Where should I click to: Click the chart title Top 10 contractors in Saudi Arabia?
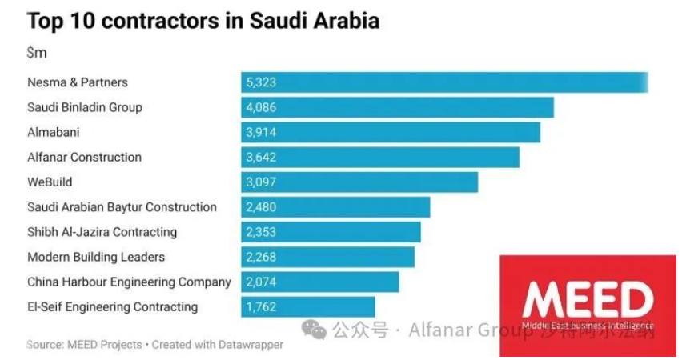click(x=203, y=21)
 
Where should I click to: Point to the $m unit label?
click(x=37, y=53)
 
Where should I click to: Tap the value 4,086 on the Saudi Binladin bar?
click(x=263, y=107)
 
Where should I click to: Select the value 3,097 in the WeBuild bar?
click(x=263, y=182)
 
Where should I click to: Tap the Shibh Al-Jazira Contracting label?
click(x=102, y=232)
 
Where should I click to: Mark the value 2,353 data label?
click(x=263, y=232)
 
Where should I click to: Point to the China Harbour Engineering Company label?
click(x=129, y=282)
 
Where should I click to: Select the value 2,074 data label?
click(x=263, y=282)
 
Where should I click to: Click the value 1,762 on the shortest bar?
click(x=263, y=306)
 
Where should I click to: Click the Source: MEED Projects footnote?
click(x=84, y=346)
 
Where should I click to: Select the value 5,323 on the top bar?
click(x=263, y=82)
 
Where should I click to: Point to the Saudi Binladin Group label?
click(x=84, y=107)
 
